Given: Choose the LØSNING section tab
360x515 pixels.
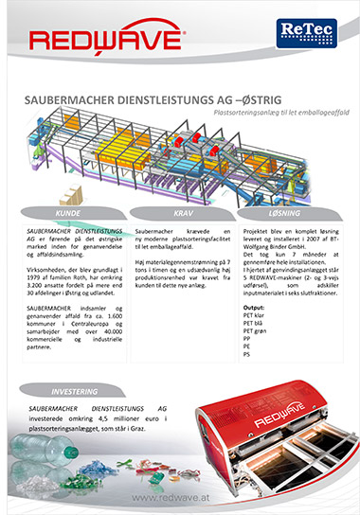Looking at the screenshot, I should [286, 214].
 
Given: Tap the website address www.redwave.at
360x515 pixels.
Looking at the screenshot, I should [180, 496].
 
